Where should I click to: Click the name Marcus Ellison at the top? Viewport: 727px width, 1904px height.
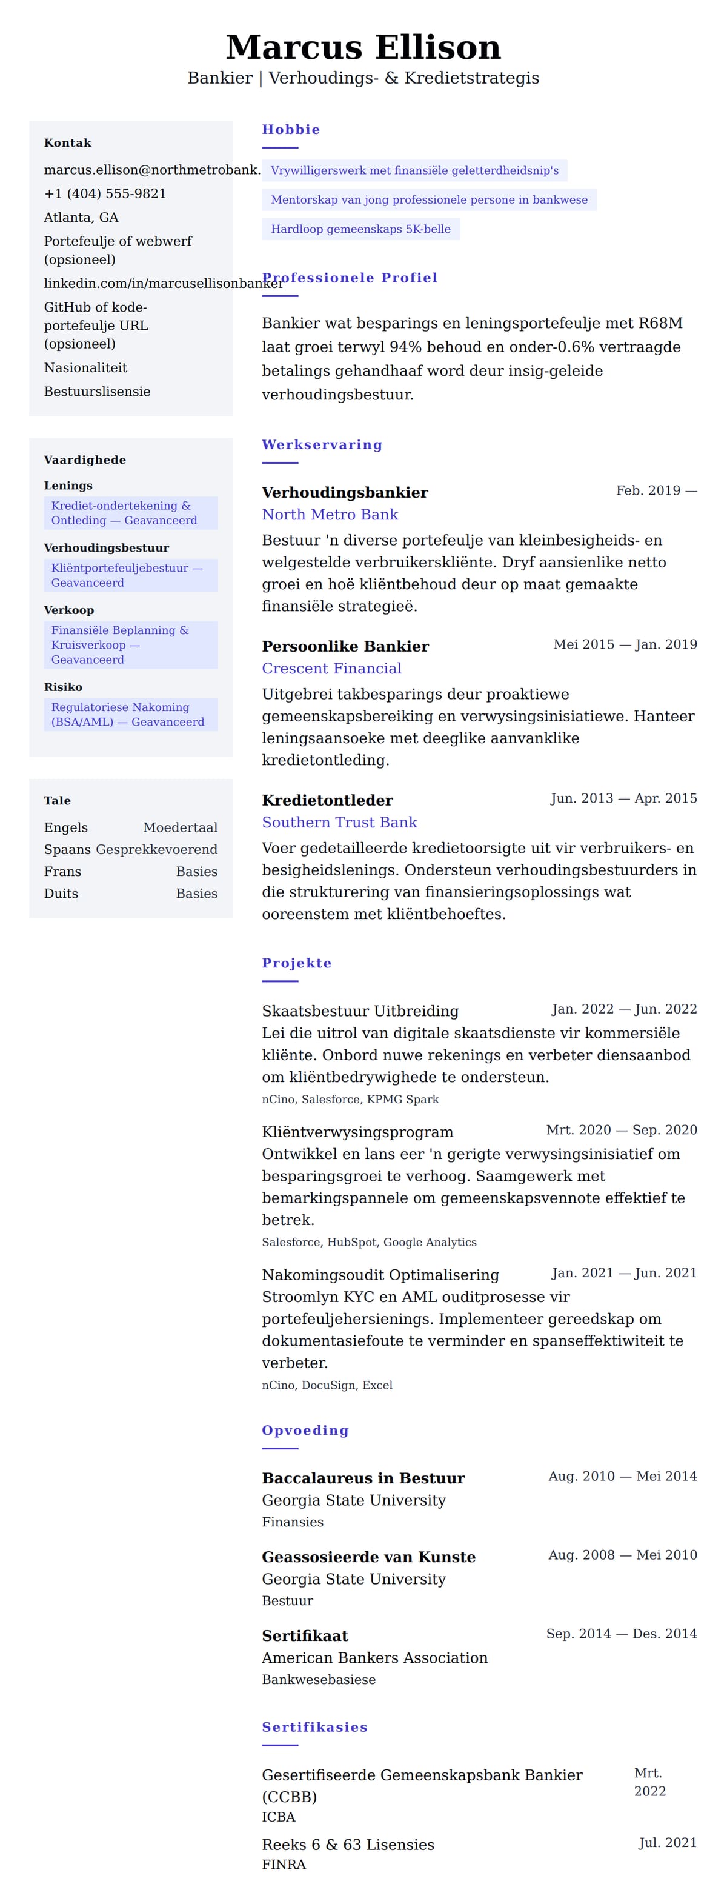click(x=363, y=47)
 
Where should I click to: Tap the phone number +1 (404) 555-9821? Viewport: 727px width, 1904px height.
click(x=105, y=193)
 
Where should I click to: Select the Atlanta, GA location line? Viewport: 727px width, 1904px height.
click(x=81, y=217)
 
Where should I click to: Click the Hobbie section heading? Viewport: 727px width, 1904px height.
click(x=291, y=129)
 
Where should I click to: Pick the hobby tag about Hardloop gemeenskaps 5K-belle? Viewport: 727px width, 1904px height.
click(x=360, y=229)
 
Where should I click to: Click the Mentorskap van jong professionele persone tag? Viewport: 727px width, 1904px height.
click(x=428, y=199)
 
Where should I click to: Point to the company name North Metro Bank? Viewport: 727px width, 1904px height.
click(x=330, y=515)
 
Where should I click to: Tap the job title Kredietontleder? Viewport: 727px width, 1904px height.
click(x=327, y=800)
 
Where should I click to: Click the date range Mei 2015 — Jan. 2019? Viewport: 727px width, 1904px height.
click(x=624, y=644)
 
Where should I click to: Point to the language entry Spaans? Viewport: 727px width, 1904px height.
click(x=67, y=849)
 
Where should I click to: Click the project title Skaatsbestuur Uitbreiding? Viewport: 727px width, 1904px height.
click(x=360, y=1011)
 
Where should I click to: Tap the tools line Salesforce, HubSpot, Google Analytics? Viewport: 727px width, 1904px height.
click(x=369, y=1243)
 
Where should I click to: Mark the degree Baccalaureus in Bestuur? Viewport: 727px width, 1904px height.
click(x=363, y=1478)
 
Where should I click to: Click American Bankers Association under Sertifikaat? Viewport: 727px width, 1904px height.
click(x=374, y=1658)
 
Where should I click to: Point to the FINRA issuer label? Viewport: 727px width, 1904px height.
click(x=284, y=1865)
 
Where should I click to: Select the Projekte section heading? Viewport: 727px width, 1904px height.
click(x=296, y=963)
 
